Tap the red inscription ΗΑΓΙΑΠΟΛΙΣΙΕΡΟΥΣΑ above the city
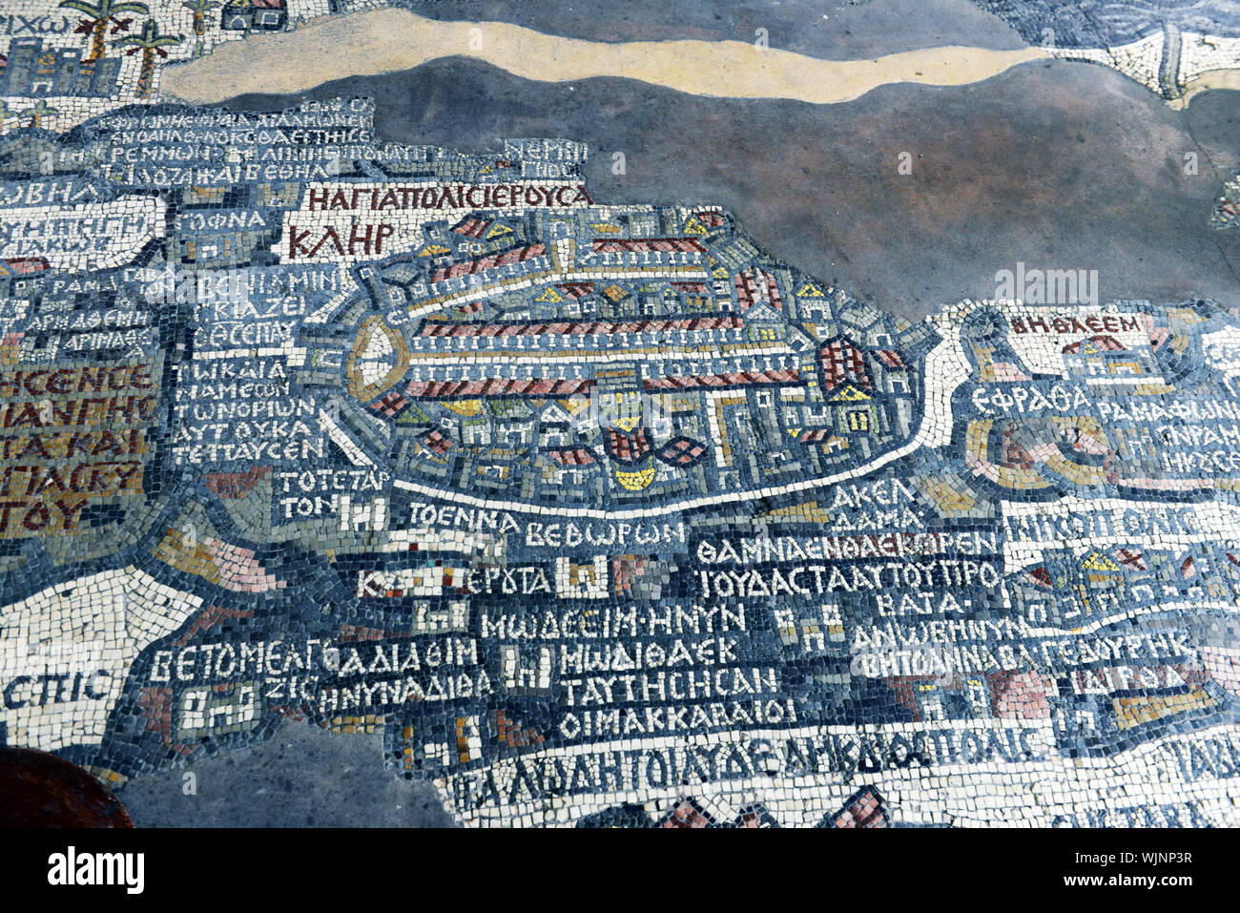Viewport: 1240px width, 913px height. pos(449,197)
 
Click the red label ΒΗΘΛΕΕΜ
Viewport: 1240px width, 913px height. pos(1075,324)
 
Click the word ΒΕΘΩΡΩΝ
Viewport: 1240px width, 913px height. pos(605,533)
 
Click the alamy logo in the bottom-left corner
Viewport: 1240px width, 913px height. pos(95,870)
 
